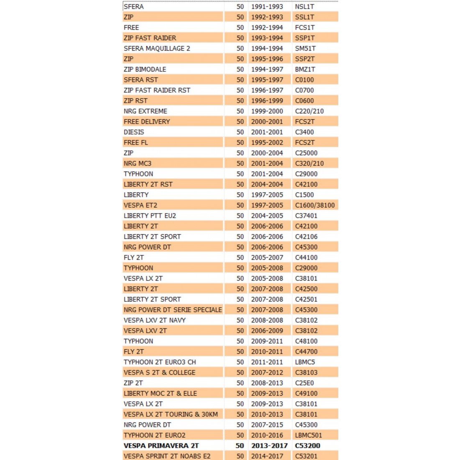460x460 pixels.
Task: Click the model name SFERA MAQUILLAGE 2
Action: [157, 49]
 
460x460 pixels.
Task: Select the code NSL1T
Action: [304, 7]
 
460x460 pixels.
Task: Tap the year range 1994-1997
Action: [267, 69]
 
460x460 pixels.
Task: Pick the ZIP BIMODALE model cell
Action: [145, 69]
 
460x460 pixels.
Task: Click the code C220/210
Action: [309, 111]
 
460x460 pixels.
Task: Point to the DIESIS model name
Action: [134, 132]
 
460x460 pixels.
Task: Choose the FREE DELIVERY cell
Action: [147, 122]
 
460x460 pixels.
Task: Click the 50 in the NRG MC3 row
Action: [240, 164]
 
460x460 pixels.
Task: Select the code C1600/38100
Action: [315, 205]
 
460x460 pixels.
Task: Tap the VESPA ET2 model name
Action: [141, 205]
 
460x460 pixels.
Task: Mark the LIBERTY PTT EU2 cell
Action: [150, 216]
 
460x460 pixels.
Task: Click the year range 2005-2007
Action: [267, 258]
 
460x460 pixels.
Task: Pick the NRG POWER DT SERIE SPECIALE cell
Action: [173, 310]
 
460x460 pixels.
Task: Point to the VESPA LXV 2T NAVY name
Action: [155, 320]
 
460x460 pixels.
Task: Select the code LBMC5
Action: [305, 362]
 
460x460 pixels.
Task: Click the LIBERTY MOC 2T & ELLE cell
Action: [160, 394]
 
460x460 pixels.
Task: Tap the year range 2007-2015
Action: [267, 425]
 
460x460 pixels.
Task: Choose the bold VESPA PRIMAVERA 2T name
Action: [161, 446]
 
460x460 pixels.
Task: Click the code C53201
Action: [306, 456]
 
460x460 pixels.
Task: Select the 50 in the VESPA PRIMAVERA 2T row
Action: [240, 446]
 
